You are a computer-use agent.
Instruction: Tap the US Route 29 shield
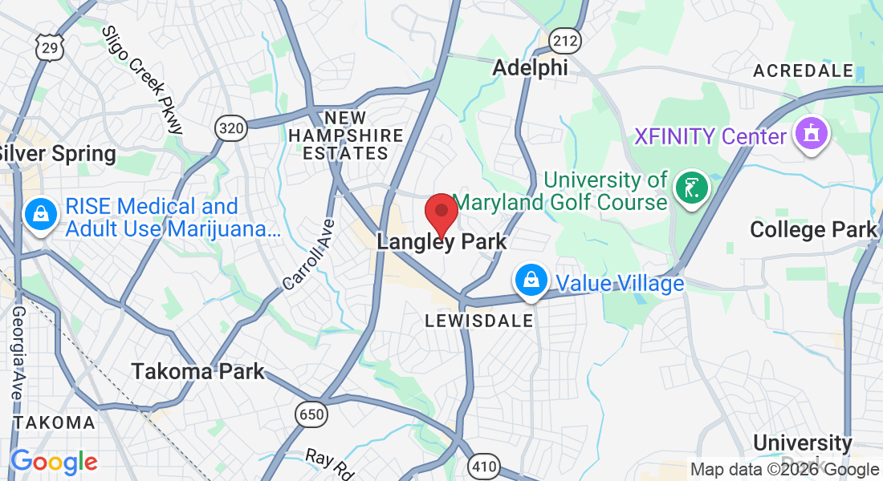(x=49, y=48)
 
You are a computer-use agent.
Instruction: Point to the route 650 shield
(x=310, y=414)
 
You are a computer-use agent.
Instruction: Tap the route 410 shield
(x=484, y=466)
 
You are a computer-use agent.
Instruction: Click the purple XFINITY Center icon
(x=811, y=135)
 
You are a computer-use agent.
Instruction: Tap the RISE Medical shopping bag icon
(x=39, y=215)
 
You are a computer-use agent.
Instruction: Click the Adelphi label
(x=530, y=68)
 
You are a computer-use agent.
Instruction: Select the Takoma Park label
(x=197, y=372)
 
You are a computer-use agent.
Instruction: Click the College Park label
(x=813, y=230)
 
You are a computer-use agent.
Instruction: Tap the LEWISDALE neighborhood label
(x=479, y=321)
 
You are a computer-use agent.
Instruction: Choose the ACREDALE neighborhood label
(x=803, y=71)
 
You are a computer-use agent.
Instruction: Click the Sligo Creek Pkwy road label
(x=143, y=79)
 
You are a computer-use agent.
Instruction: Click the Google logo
(x=54, y=462)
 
